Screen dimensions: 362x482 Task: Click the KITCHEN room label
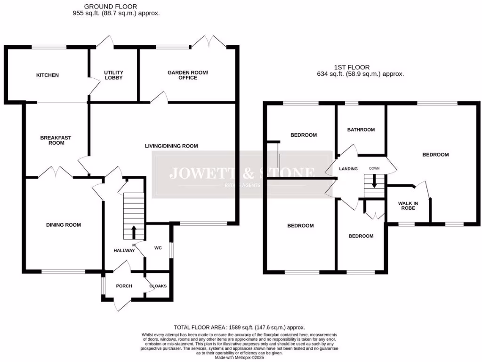pyautogui.click(x=48, y=75)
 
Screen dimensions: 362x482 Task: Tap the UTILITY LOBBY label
pyautogui.click(x=113, y=75)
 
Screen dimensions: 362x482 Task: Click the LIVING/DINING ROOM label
pyautogui.click(x=171, y=146)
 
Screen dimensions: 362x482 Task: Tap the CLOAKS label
pyautogui.click(x=158, y=286)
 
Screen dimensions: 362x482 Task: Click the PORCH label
pyautogui.click(x=124, y=286)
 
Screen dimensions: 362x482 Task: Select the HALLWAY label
pyautogui.click(x=124, y=251)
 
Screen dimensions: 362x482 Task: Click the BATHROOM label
pyautogui.click(x=361, y=130)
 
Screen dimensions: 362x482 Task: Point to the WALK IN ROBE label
pyautogui.click(x=408, y=206)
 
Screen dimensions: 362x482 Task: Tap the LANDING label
pyautogui.click(x=348, y=169)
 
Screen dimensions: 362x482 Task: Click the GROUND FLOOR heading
pyautogui.click(x=111, y=6)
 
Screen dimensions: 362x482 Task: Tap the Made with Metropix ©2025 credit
pyautogui.click(x=241, y=357)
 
